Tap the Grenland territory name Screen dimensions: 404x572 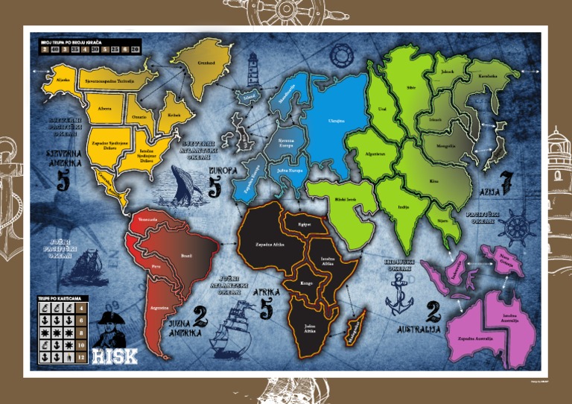206,63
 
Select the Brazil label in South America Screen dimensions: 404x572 186,256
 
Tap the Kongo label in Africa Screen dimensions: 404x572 308,284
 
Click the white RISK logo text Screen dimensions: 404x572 115,355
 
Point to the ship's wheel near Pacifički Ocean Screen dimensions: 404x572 520,230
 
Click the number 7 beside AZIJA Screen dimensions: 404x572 507,182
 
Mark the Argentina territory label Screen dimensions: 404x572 157,306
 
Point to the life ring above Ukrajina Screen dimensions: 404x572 342,54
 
